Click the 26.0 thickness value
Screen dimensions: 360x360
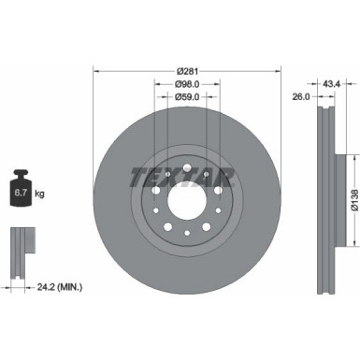pos(301,94)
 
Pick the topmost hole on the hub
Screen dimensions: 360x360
pos(187,169)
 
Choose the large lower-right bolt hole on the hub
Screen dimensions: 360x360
pos(206,225)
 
